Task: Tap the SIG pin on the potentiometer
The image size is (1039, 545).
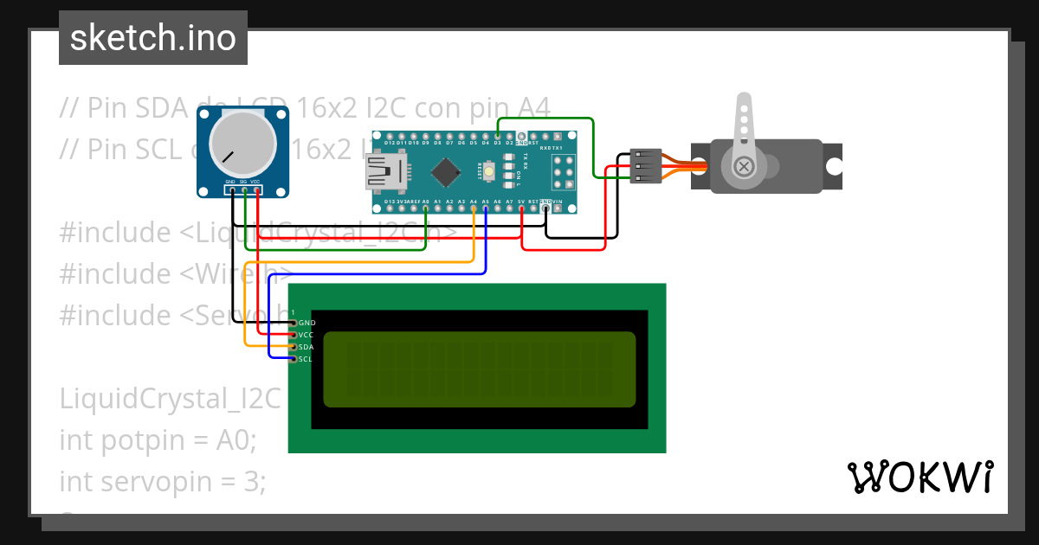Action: pos(244,189)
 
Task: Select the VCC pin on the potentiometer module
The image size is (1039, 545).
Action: pos(256,189)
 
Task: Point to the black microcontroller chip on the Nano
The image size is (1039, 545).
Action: pos(445,171)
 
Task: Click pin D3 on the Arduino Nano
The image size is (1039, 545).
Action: pos(498,136)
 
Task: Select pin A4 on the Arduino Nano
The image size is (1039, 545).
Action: pos(474,208)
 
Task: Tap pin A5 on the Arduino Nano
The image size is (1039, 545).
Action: pos(486,208)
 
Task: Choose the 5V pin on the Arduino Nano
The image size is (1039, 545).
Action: pos(521,208)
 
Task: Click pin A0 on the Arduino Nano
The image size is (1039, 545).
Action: pos(425,208)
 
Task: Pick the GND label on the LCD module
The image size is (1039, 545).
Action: pos(307,323)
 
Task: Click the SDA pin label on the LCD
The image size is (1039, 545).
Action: pos(306,347)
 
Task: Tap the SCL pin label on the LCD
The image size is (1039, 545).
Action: pos(306,359)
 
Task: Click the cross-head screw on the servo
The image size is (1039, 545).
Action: pos(743,165)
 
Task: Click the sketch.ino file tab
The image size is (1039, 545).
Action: pos(153,38)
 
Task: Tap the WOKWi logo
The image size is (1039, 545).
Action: pos(920,477)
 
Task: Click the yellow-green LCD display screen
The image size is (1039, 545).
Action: pos(479,369)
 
